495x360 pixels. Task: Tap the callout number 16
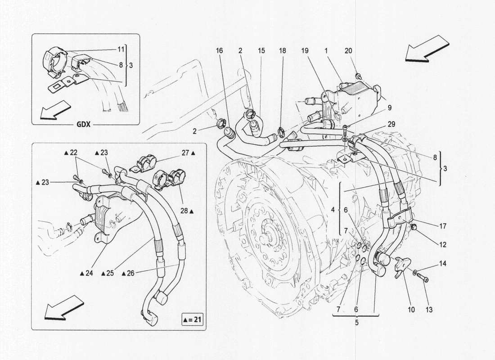[x=219, y=51]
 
